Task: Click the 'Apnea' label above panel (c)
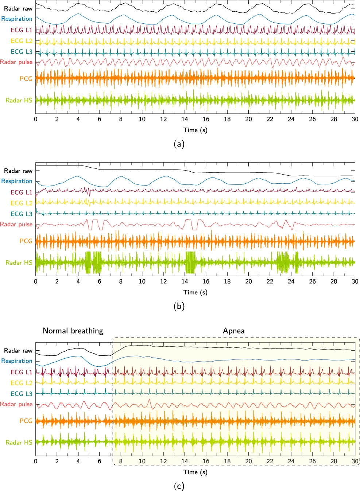coord(233,331)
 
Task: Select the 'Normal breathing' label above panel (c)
coord(73,331)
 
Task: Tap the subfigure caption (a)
coord(179,144)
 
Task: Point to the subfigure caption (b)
coord(179,306)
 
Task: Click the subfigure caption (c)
coord(179,486)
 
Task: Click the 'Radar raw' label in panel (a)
coord(18,8)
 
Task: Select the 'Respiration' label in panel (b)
coord(17,181)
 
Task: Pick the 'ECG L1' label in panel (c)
coord(21,372)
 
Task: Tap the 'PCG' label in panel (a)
coord(26,78)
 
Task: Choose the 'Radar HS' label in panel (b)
coord(19,262)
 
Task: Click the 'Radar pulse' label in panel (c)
coord(16,404)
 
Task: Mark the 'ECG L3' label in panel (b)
coord(21,214)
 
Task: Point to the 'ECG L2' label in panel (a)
coord(21,41)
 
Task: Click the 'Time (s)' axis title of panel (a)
coord(195,130)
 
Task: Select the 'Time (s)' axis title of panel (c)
coord(195,472)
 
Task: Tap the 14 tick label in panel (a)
coord(185,119)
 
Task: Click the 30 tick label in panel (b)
coord(355,281)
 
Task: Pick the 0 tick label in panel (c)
coord(36,461)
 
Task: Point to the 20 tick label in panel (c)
coord(248,461)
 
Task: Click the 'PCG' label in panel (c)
coord(26,421)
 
